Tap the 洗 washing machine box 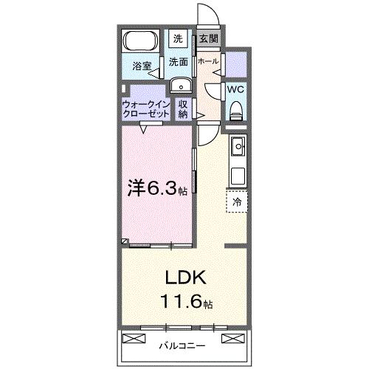pyautogui.click(x=178, y=38)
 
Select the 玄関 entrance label pyautogui.click(x=206, y=39)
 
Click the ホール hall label pyautogui.click(x=208, y=61)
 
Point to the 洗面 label pyautogui.click(x=178, y=62)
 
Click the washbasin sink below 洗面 pyautogui.click(x=179, y=86)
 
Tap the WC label pyautogui.click(x=236, y=88)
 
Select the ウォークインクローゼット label pyautogui.click(x=146, y=109)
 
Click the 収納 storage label pyautogui.click(x=183, y=109)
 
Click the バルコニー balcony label pyautogui.click(x=182, y=345)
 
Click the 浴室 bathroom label pyautogui.click(x=142, y=66)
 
